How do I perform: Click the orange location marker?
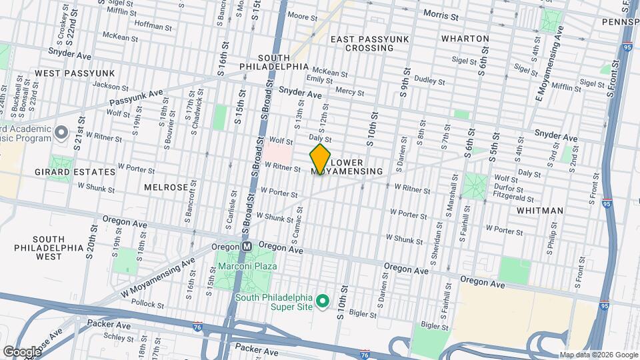320,160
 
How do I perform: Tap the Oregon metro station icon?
246,246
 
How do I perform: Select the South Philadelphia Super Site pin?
323,302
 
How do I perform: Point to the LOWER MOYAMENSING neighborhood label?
356,167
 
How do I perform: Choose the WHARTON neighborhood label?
465,39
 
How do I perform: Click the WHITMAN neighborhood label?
539,210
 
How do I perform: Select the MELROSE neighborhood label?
166,187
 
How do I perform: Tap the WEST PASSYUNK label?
75,73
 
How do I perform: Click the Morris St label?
441,15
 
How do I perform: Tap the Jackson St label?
110,85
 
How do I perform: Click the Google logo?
21,351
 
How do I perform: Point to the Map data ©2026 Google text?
598,355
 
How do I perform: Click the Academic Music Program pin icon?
61,132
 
